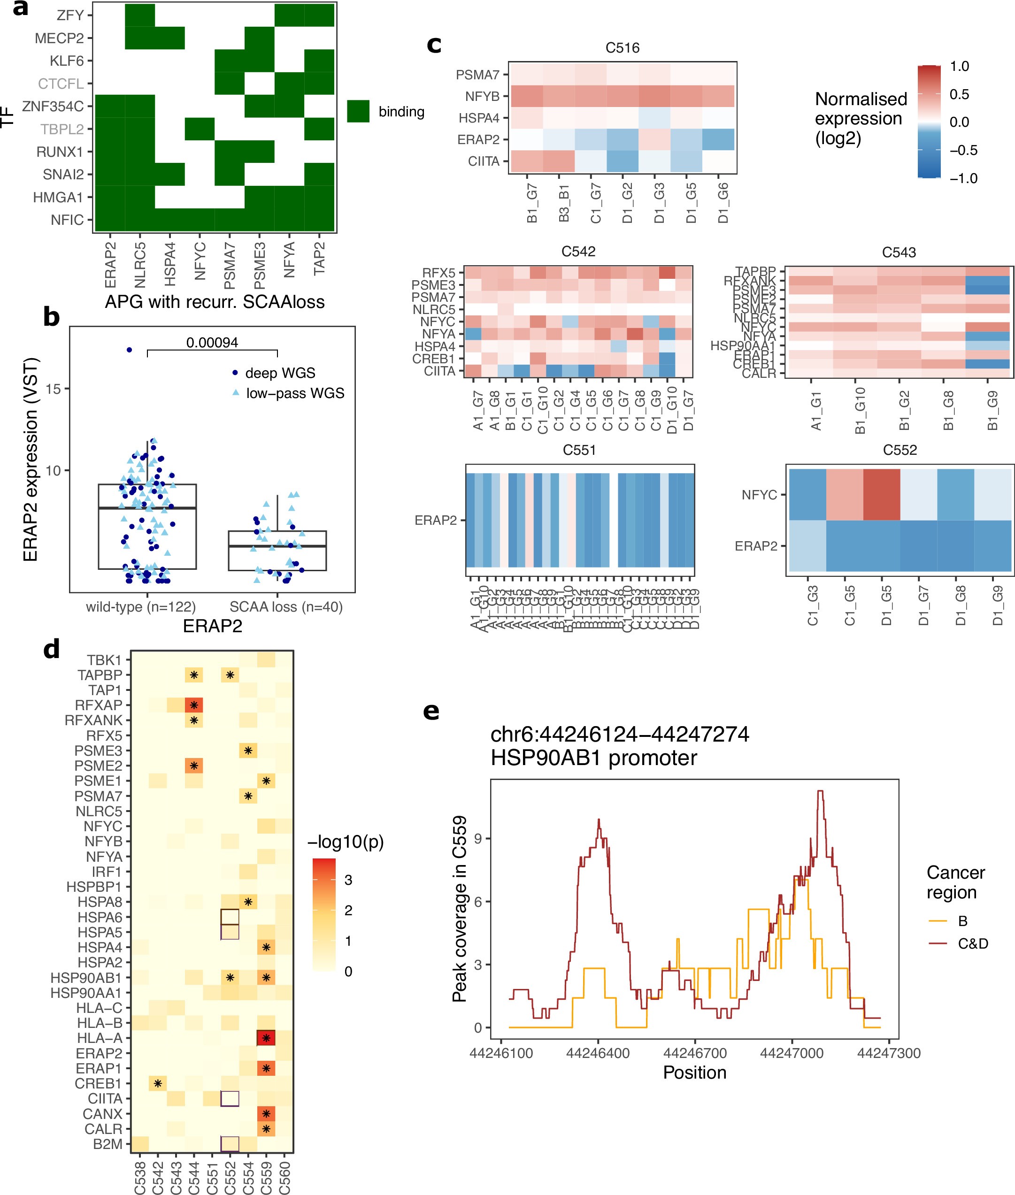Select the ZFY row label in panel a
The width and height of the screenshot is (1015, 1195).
[70, 15]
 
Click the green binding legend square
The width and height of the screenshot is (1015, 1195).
[358, 111]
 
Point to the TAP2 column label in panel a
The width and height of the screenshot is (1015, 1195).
[319, 259]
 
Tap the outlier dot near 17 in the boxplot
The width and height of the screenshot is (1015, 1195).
[130, 350]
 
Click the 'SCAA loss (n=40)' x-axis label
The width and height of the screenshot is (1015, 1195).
[286, 606]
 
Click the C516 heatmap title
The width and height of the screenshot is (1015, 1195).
[622, 48]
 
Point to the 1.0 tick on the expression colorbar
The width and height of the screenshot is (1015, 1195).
[959, 66]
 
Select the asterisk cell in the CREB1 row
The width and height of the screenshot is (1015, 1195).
[158, 1084]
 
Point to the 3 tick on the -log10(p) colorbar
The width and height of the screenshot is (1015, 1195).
[348, 880]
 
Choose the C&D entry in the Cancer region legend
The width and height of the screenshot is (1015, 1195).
[972, 943]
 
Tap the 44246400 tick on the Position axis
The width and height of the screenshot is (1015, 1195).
[598, 1053]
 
